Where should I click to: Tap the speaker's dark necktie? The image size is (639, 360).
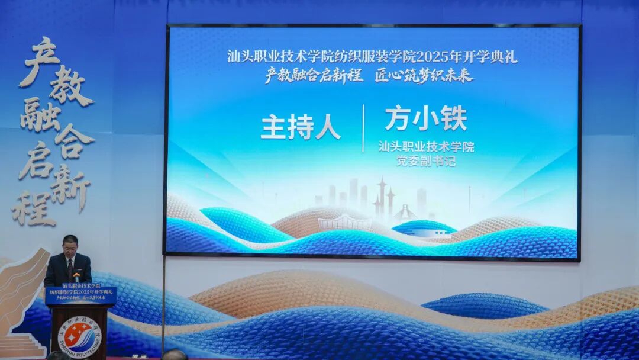(70, 269)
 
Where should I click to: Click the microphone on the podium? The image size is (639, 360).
(76, 278)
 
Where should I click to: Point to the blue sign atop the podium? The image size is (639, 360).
(80, 295)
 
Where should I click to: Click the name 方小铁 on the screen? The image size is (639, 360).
(425, 118)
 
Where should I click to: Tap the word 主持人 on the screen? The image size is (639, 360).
(300, 128)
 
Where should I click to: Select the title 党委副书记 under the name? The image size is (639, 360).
(426, 161)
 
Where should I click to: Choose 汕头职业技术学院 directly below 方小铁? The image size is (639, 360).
(426, 147)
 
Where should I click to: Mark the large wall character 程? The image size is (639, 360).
(33, 207)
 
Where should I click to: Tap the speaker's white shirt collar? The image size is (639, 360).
(70, 259)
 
